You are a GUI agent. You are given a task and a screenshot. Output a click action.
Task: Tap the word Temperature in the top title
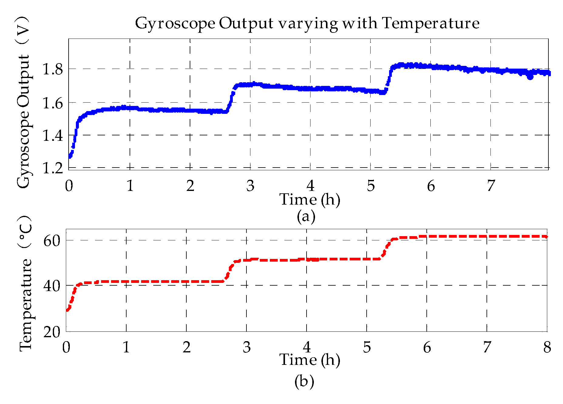coord(430,23)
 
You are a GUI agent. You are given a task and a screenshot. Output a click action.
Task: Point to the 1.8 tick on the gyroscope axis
coord(52,69)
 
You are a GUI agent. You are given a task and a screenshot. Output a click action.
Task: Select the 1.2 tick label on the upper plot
coord(52,168)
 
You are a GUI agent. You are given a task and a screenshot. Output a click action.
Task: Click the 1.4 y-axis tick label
coord(52,135)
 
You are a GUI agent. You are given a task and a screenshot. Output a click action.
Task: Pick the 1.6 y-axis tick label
coord(52,103)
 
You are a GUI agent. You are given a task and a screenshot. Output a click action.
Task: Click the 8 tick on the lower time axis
coord(547,347)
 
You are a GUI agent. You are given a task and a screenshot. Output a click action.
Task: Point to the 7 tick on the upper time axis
coord(491,186)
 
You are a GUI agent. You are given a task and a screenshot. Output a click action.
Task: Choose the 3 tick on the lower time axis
coord(247,347)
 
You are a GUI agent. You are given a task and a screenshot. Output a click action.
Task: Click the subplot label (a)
coord(306,216)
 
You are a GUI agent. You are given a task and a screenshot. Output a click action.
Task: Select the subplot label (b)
coord(304,381)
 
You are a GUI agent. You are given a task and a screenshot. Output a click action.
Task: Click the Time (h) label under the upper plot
coord(310,200)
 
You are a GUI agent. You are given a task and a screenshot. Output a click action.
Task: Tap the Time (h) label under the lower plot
coord(310,360)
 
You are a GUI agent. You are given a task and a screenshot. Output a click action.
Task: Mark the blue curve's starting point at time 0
coord(70,157)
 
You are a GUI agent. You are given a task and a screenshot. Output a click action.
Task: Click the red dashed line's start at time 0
coord(67,310)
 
